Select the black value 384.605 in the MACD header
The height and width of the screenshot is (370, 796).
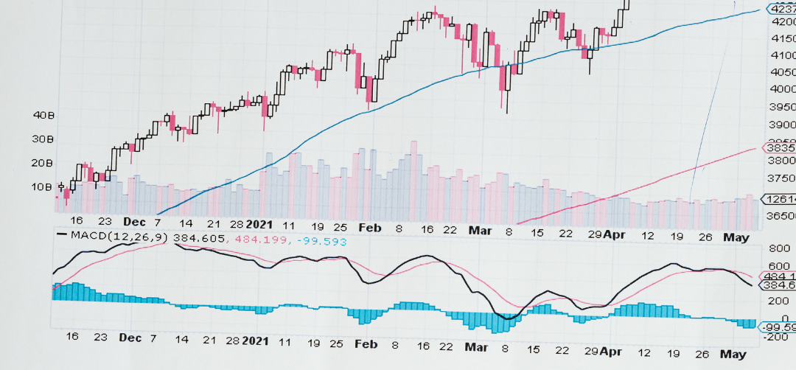point(200,237)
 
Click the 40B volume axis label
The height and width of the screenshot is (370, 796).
point(45,115)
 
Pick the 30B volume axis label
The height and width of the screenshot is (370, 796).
point(45,139)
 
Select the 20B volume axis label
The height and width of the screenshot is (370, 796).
point(45,162)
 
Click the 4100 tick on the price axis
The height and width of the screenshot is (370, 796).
point(781,55)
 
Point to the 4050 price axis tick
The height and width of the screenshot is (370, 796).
point(781,72)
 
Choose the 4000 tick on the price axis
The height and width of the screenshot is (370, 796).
point(781,89)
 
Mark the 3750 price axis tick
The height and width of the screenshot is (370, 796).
point(781,178)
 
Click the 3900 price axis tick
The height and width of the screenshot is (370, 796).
point(781,125)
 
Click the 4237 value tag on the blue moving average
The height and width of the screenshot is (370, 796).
point(781,9)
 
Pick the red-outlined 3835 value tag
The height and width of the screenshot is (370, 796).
point(781,147)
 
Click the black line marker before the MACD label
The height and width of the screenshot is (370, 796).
point(63,235)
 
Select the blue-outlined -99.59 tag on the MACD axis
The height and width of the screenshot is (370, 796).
point(779,327)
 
